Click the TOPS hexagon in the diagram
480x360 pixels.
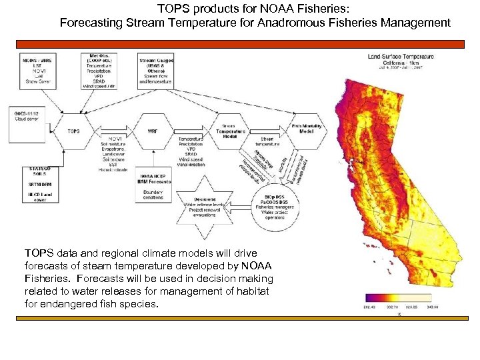73,131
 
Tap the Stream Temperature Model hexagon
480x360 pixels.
229,129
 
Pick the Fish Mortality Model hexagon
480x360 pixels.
307,129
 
